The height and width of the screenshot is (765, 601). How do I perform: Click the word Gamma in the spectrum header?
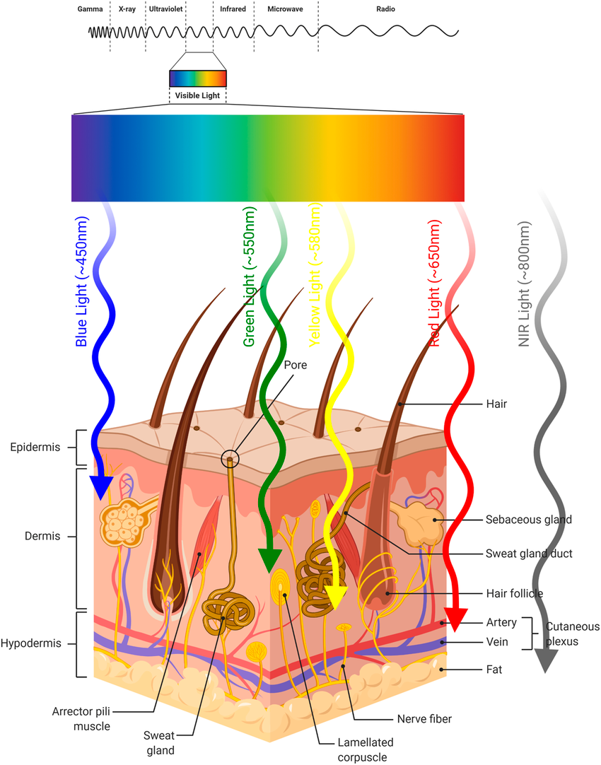coord(90,10)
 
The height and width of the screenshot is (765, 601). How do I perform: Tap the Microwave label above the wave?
coord(285,10)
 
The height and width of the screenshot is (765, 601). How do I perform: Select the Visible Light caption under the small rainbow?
coord(197,95)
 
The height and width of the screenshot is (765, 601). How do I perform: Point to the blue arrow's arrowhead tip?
coord(101,491)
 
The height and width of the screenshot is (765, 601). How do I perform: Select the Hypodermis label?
coord(30,643)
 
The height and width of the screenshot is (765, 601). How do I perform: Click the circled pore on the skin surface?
coord(230,459)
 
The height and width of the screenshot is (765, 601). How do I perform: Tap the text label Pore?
coord(295,366)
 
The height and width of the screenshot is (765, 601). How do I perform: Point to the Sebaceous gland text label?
coord(529,520)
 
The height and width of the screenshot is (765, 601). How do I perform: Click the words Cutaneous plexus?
coord(571,633)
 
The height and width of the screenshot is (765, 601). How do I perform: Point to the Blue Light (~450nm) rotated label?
coord(82,283)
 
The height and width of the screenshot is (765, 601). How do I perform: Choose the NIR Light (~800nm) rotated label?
coord(524,283)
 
